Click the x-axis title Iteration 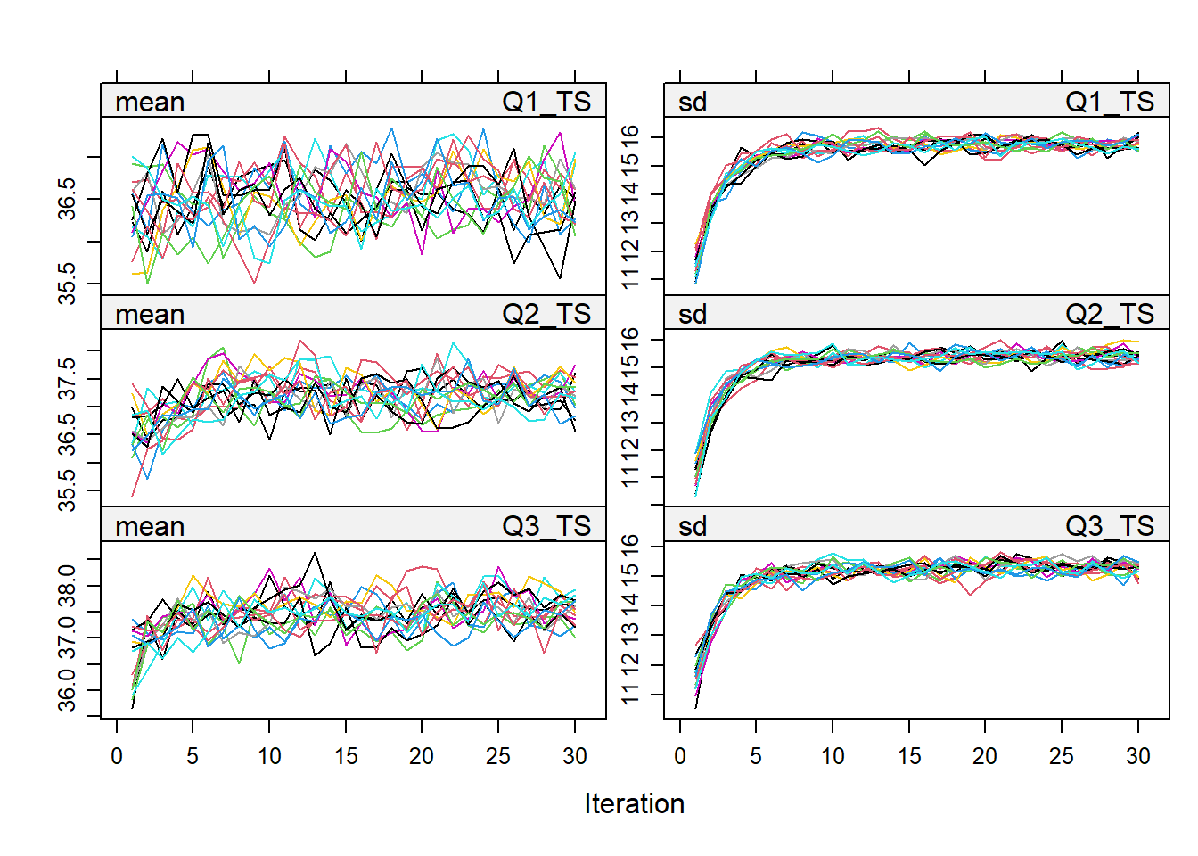click(634, 803)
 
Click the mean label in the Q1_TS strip click(150, 103)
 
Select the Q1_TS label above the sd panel click(1109, 103)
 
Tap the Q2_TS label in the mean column click(546, 315)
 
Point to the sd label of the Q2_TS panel click(693, 315)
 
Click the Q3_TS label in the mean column click(546, 527)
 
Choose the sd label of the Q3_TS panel click(693, 527)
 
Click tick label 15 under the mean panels click(346, 756)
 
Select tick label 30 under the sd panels click(1138, 756)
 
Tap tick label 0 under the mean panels click(117, 756)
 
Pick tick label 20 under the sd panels click(985, 756)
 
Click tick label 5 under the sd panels click(756, 756)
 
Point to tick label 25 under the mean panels click(498, 756)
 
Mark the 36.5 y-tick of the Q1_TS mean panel click(68, 198)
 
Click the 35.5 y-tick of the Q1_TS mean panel click(68, 284)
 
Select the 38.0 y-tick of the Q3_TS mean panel click(68, 586)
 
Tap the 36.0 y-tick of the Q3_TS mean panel click(68, 691)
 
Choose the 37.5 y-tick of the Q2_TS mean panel click(68, 380)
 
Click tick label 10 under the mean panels click(269, 756)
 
